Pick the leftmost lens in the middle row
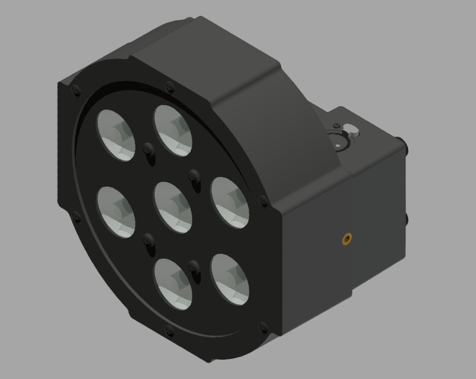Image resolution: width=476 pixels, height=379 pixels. point(115,211)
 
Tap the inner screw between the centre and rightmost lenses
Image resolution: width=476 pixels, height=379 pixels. point(193,175)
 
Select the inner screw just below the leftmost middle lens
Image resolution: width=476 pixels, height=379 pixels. point(148,240)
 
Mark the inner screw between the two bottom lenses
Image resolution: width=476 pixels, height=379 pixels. point(193,266)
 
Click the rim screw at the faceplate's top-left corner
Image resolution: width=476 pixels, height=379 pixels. point(75,91)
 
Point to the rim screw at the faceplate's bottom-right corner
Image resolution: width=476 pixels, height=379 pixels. point(263,326)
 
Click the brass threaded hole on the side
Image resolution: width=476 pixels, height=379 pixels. point(346,239)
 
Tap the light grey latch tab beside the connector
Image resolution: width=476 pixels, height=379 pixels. point(352,129)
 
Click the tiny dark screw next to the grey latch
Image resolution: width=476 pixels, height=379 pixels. point(337,126)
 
